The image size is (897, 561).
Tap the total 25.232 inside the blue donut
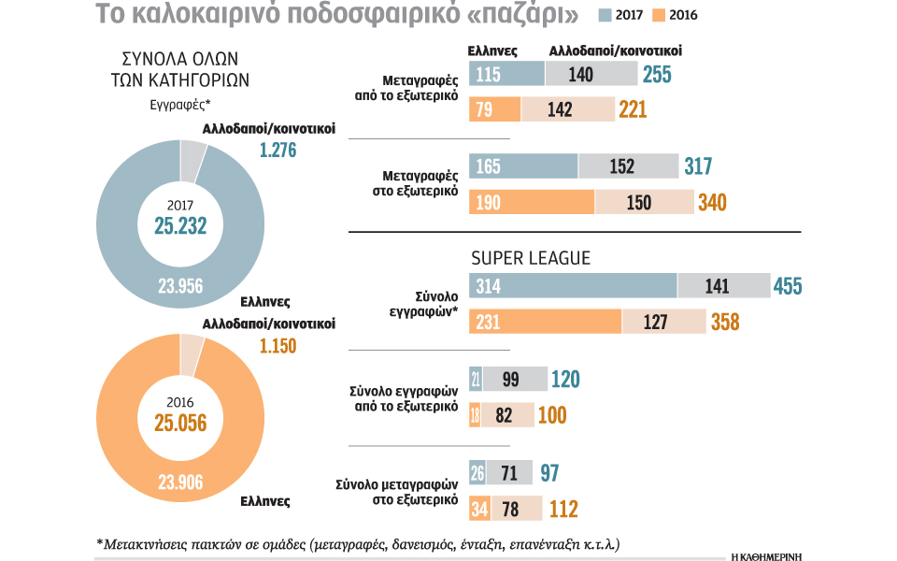(180, 225)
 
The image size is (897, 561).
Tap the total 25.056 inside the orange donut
(180, 424)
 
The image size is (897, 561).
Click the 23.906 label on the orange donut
(180, 483)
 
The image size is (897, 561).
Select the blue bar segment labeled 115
(506, 75)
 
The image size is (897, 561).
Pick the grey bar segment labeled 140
(591, 75)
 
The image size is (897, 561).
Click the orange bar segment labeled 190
(531, 202)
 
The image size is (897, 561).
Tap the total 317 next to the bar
(697, 167)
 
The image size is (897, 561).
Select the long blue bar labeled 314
(573, 287)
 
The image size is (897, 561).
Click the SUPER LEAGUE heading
(531, 257)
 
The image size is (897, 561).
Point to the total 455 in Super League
(787, 287)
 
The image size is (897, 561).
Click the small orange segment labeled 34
(478, 509)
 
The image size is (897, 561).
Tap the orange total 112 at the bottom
(562, 510)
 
